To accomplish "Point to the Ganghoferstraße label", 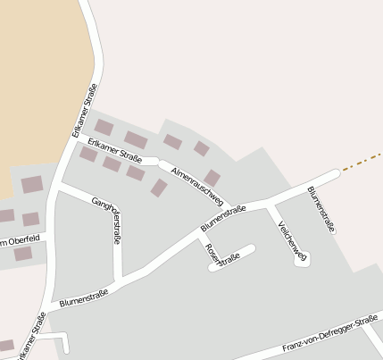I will (x=106, y=221).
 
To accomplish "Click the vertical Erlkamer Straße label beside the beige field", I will (x=84, y=109).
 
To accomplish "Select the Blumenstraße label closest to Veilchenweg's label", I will (x=321, y=210).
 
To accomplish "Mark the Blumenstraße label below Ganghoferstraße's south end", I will (x=84, y=297).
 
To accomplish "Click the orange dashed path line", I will (x=362, y=160).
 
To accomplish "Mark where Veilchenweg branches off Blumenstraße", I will (x=268, y=205).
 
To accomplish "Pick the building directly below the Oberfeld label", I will (x=23, y=254).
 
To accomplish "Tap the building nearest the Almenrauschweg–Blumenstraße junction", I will (x=212, y=178).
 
